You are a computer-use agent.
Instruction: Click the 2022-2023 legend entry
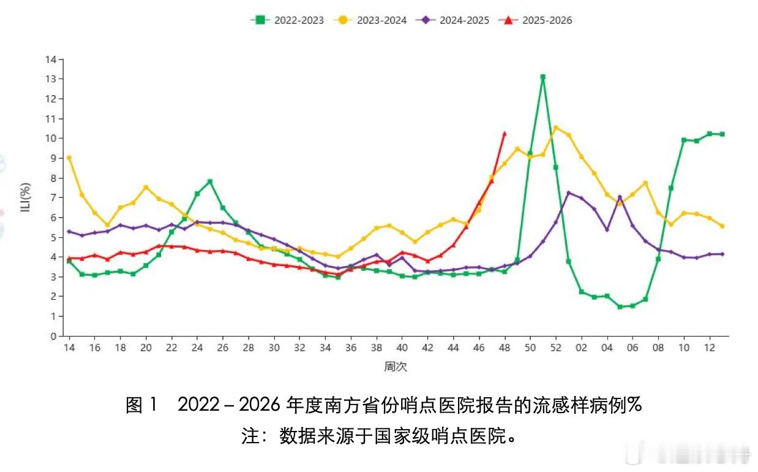[x=287, y=20]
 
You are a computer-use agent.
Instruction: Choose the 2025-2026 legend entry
[x=536, y=20]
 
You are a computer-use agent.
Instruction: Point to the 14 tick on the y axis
[x=51, y=59]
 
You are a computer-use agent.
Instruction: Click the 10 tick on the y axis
[x=51, y=139]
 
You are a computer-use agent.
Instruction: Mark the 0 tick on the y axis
[x=54, y=336]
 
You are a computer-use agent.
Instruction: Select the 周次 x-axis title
[x=396, y=367]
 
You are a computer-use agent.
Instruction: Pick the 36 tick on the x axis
[x=351, y=347]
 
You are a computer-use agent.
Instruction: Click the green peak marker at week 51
[x=543, y=77]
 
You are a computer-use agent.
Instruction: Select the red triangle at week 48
[x=505, y=134]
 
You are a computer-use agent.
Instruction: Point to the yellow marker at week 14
[x=69, y=158]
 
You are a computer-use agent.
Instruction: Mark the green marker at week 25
[x=210, y=181]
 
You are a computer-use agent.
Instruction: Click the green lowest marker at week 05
[x=620, y=306]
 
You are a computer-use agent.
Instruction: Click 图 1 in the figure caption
[x=142, y=405]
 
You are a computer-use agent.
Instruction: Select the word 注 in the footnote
[x=250, y=436]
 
